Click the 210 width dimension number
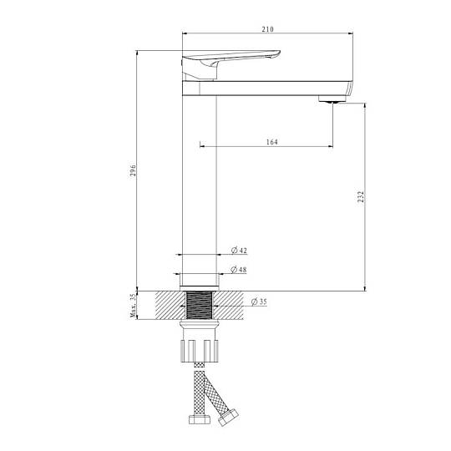(267, 29)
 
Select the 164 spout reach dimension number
(271, 142)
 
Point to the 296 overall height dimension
(133, 170)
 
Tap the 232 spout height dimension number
(361, 196)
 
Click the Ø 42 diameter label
(239, 251)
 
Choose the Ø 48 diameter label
(238, 270)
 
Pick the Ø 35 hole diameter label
(259, 302)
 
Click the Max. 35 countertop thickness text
(133, 306)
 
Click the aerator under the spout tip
(332, 99)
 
